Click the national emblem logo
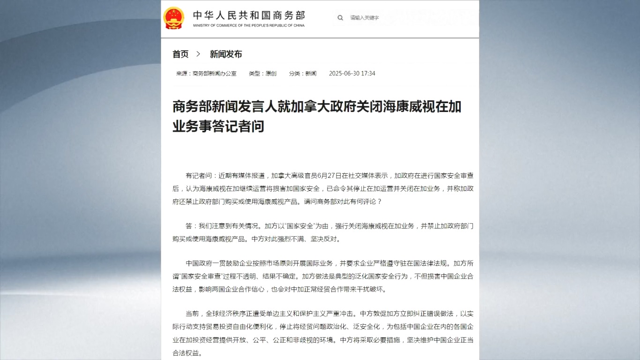pos(174,18)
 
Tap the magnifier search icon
pos(340,18)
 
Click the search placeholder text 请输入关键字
pos(365,18)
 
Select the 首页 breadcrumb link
pos(180,54)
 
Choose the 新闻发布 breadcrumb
pos(226,54)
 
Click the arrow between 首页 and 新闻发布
pos(199,54)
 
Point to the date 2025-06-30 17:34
pos(352,74)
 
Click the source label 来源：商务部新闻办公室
pos(206,74)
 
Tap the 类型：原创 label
pos(262,74)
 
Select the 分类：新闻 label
pos(303,74)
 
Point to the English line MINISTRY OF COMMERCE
pos(249,25)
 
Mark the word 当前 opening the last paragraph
pos(192,314)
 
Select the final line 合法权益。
pos(187,353)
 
